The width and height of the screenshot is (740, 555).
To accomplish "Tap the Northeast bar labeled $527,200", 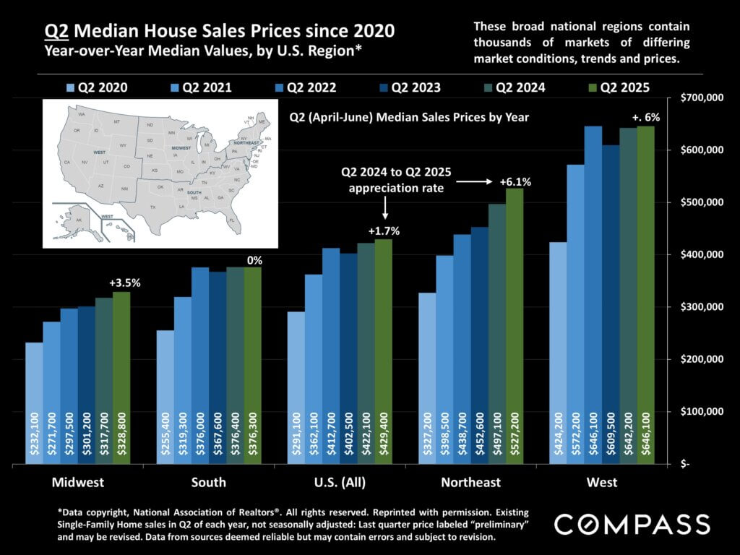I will point(514,326).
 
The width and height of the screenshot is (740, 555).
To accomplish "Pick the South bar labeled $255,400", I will point(165,397).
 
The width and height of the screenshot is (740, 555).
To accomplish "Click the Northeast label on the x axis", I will point(470,482).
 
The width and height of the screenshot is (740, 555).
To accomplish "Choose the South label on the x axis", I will point(208,482).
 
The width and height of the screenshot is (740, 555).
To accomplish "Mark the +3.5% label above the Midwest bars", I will point(124,283).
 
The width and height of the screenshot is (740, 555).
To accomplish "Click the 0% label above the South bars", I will point(254,259).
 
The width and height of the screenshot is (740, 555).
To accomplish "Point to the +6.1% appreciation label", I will point(515,182).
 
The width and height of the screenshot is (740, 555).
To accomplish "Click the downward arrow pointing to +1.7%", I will point(384,210).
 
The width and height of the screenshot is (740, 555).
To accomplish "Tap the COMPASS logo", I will point(632,523).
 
